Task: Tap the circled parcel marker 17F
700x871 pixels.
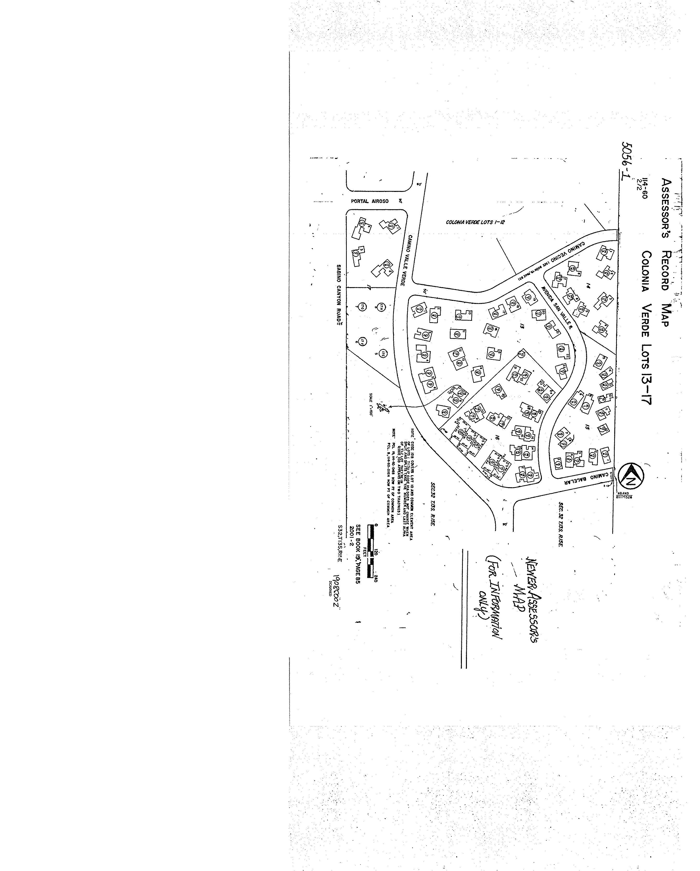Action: [x=363, y=341]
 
